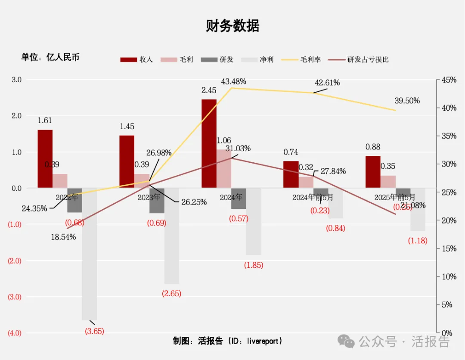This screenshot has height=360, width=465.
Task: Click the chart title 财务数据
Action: coord(232,26)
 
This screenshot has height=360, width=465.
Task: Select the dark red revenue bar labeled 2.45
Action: coord(209,143)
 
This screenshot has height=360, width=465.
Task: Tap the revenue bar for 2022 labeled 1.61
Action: coord(45,158)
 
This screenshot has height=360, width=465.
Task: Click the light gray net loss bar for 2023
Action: coord(171,236)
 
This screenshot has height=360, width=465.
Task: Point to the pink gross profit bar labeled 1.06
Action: coord(224,168)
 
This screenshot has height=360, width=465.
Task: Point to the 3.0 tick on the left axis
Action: coord(16,80)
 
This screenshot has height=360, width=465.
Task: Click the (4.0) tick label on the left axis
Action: coord(15,333)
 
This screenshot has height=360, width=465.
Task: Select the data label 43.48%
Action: coord(233,81)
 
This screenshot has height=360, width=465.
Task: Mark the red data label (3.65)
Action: coord(94,331)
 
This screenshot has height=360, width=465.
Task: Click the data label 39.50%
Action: coord(407,101)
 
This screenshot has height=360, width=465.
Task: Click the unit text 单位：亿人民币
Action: coord(50,57)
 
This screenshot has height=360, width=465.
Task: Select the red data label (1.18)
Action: coord(418,240)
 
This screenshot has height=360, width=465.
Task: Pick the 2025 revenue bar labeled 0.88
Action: coord(373,172)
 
